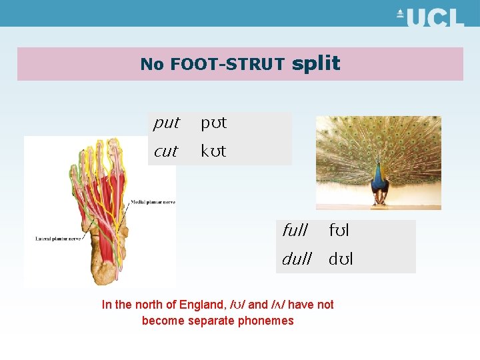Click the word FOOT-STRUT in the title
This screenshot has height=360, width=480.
pyautogui.click(x=227, y=65)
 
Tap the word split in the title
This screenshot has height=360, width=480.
pyautogui.click(x=316, y=63)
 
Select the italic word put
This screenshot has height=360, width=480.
pyautogui.click(x=166, y=123)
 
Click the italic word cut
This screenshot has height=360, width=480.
pyautogui.click(x=165, y=151)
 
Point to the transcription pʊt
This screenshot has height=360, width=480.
pyautogui.click(x=213, y=123)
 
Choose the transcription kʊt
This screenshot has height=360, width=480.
pyautogui.click(x=213, y=151)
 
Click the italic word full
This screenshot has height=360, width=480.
pyautogui.click(x=295, y=231)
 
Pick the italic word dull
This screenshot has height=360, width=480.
pyautogui.click(x=297, y=259)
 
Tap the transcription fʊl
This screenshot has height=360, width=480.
pyautogui.click(x=339, y=231)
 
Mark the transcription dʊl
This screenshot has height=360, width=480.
pyautogui.click(x=341, y=259)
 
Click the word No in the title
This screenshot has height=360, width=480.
pyautogui.click(x=153, y=65)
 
